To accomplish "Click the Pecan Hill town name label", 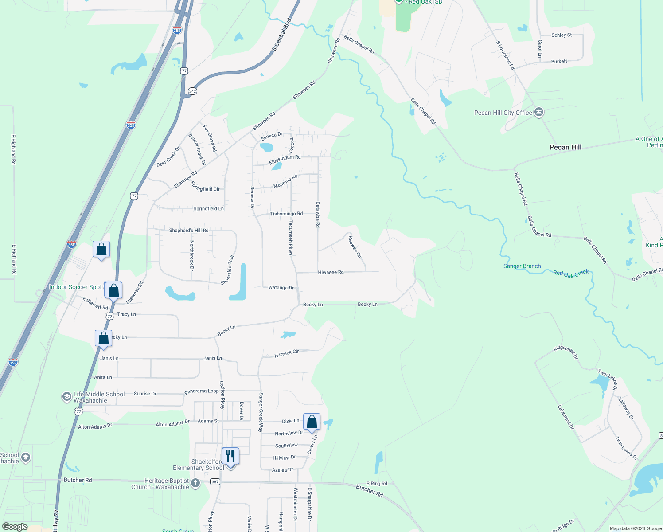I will tap(565, 147).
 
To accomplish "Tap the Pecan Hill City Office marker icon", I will tap(539, 112).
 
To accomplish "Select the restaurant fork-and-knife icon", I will tap(230, 456).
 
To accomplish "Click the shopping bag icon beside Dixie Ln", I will tap(312, 422).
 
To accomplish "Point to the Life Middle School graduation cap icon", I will tap(66, 397).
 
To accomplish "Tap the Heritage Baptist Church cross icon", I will tap(195, 483).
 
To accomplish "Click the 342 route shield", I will tap(192, 91).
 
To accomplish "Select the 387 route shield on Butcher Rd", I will tap(215, 482).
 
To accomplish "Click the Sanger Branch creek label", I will tap(522, 266).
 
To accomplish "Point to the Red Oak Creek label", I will tap(571, 274).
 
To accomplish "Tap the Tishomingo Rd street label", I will tap(286, 214).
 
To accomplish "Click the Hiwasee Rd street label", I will tap(331, 272).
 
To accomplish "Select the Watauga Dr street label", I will tap(281, 288).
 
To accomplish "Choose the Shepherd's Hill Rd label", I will tap(189, 231).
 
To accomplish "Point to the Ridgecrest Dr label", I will tap(565, 352).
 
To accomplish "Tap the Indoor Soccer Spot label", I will tap(75, 287).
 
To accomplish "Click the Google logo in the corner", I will tap(15, 527).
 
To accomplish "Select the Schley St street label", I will tap(562, 35).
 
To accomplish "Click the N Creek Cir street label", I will tap(286, 353).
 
